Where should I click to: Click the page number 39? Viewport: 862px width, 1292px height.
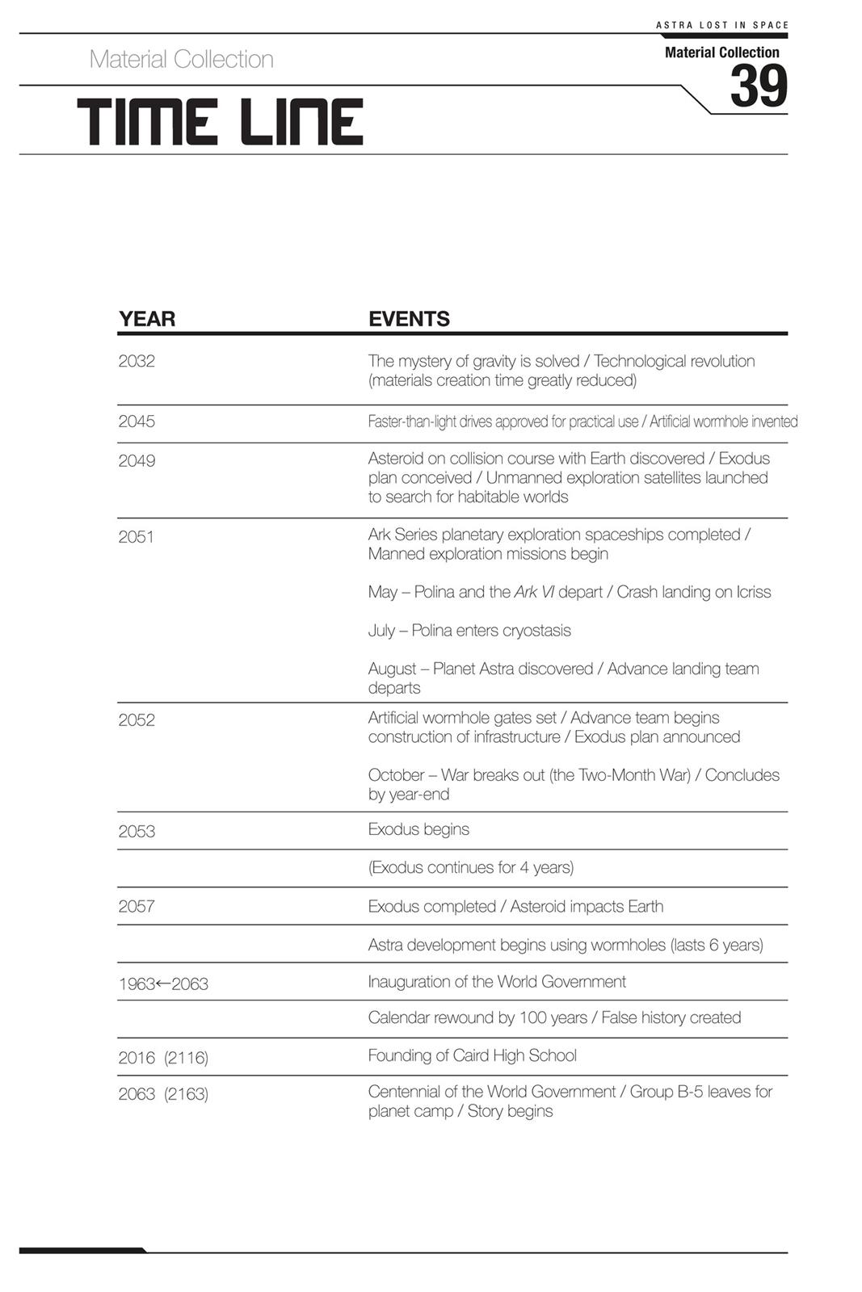tap(758, 86)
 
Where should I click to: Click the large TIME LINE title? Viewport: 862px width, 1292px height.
tap(221, 123)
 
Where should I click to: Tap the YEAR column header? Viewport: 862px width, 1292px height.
tap(147, 319)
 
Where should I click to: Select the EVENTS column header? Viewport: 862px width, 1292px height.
tap(409, 319)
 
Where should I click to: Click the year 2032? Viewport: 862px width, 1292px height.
tap(137, 361)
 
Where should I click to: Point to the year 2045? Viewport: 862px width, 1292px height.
tap(137, 422)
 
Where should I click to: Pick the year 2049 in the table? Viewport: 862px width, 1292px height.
tap(137, 461)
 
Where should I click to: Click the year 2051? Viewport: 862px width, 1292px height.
tap(136, 537)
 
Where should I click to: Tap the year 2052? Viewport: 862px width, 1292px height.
tap(137, 720)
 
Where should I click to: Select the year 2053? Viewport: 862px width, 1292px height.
tap(137, 832)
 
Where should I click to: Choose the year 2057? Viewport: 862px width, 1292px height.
tap(137, 907)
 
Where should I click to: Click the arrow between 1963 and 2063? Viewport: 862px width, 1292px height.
tap(163, 984)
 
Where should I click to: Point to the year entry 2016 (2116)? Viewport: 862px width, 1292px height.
tap(163, 1058)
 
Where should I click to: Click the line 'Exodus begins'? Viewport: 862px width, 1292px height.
tap(418, 829)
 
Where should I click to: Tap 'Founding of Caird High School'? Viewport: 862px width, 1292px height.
tap(473, 1055)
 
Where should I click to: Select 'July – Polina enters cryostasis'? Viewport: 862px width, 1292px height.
tap(469, 631)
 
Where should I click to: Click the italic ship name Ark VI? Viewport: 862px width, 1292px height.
tap(534, 592)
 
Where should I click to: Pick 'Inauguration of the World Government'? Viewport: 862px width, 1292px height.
tap(497, 982)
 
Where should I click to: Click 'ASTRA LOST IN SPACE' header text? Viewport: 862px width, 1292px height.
tap(721, 25)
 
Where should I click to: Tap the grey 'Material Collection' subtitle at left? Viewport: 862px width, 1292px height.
tap(182, 59)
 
